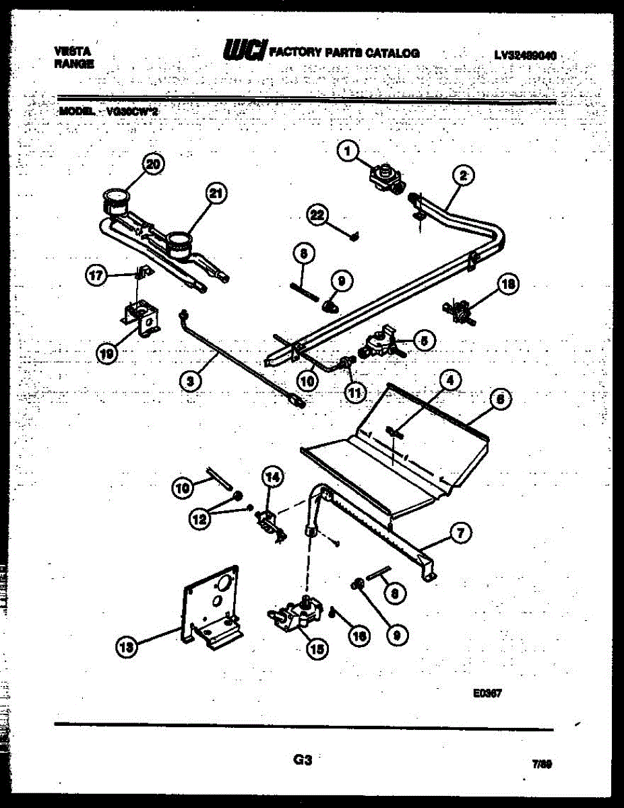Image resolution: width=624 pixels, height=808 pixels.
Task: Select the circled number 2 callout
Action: click(463, 176)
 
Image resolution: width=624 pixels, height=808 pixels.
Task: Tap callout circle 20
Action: click(154, 165)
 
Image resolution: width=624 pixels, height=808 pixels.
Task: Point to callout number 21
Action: click(215, 195)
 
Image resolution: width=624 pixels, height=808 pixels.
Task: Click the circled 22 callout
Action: click(317, 215)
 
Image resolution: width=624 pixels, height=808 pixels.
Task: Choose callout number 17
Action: click(97, 274)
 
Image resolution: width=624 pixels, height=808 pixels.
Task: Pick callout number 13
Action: click(124, 647)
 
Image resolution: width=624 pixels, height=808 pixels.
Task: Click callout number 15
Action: click(316, 648)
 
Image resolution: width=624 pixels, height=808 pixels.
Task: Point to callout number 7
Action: click(461, 534)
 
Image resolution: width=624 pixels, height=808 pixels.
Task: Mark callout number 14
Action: click(272, 477)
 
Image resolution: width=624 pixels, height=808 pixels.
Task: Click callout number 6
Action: click(499, 399)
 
